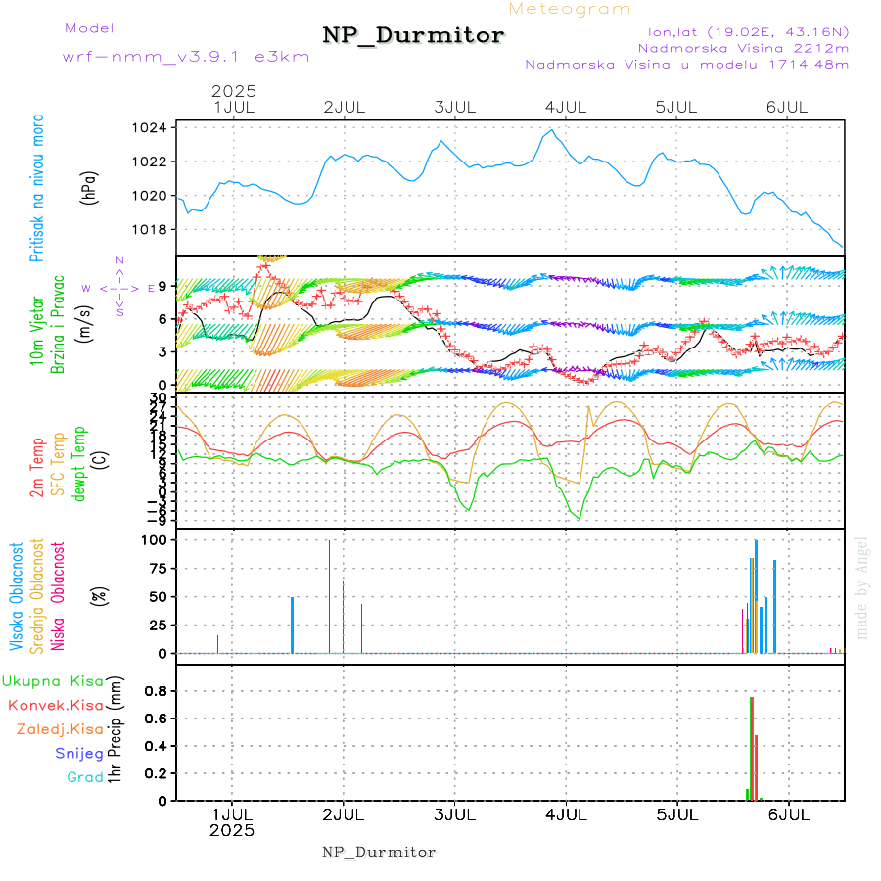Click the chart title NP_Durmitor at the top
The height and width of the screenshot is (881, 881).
(413, 36)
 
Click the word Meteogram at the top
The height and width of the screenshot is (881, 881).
(570, 9)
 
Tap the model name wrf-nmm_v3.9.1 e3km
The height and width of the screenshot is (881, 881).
(186, 56)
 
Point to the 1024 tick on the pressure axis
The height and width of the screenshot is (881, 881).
(155, 127)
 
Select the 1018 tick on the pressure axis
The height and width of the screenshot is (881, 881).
(155, 229)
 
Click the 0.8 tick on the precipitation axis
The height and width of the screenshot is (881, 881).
(156, 690)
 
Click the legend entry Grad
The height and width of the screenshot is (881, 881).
(85, 777)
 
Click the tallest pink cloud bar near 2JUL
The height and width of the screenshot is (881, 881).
(329, 596)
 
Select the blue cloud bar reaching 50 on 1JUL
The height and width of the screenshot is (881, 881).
(292, 625)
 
